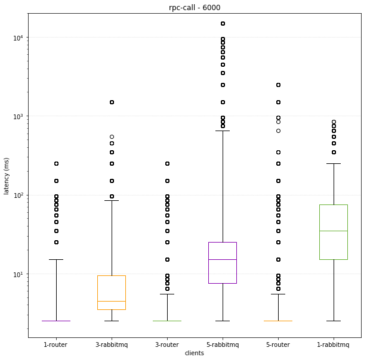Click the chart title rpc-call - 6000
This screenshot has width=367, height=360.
pos(195,7)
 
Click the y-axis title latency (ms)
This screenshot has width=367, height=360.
pos(7,178)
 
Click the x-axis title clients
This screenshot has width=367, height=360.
pos(195,353)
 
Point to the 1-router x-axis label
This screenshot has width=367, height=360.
pos(56,345)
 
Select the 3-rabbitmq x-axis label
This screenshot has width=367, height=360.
pos(112,345)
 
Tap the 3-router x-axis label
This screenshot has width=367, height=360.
pos(167,345)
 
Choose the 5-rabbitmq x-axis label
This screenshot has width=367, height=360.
pos(223,345)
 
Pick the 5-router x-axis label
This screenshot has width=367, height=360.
pos(278,345)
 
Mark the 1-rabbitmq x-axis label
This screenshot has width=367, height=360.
pos(334,345)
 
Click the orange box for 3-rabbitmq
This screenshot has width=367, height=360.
pos(112,292)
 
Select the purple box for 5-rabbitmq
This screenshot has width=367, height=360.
pos(223,262)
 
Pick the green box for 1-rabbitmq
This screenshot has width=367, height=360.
pos(334,232)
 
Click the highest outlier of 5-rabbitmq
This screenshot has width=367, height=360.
pos(223,24)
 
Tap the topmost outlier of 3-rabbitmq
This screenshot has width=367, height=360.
pos(112,102)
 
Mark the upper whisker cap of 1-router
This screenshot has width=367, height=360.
pos(56,259)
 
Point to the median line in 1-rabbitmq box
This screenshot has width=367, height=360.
pos(334,231)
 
